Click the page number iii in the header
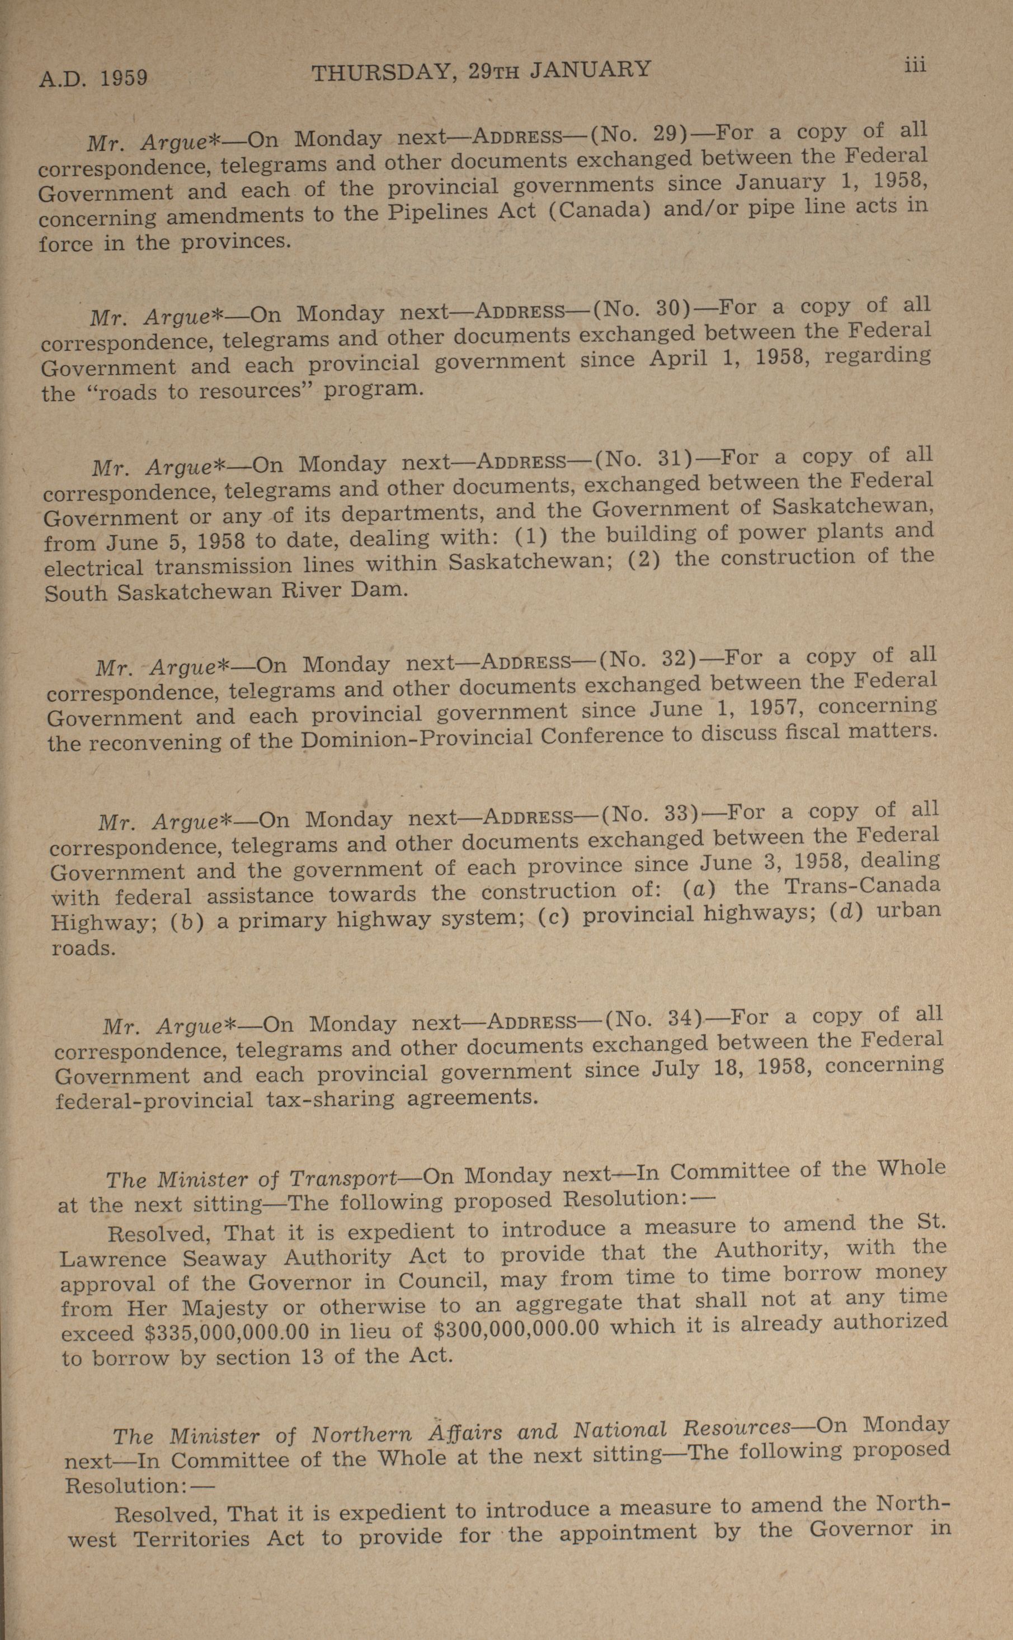click(915, 65)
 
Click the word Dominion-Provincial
click(417, 739)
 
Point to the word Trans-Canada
click(863, 887)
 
